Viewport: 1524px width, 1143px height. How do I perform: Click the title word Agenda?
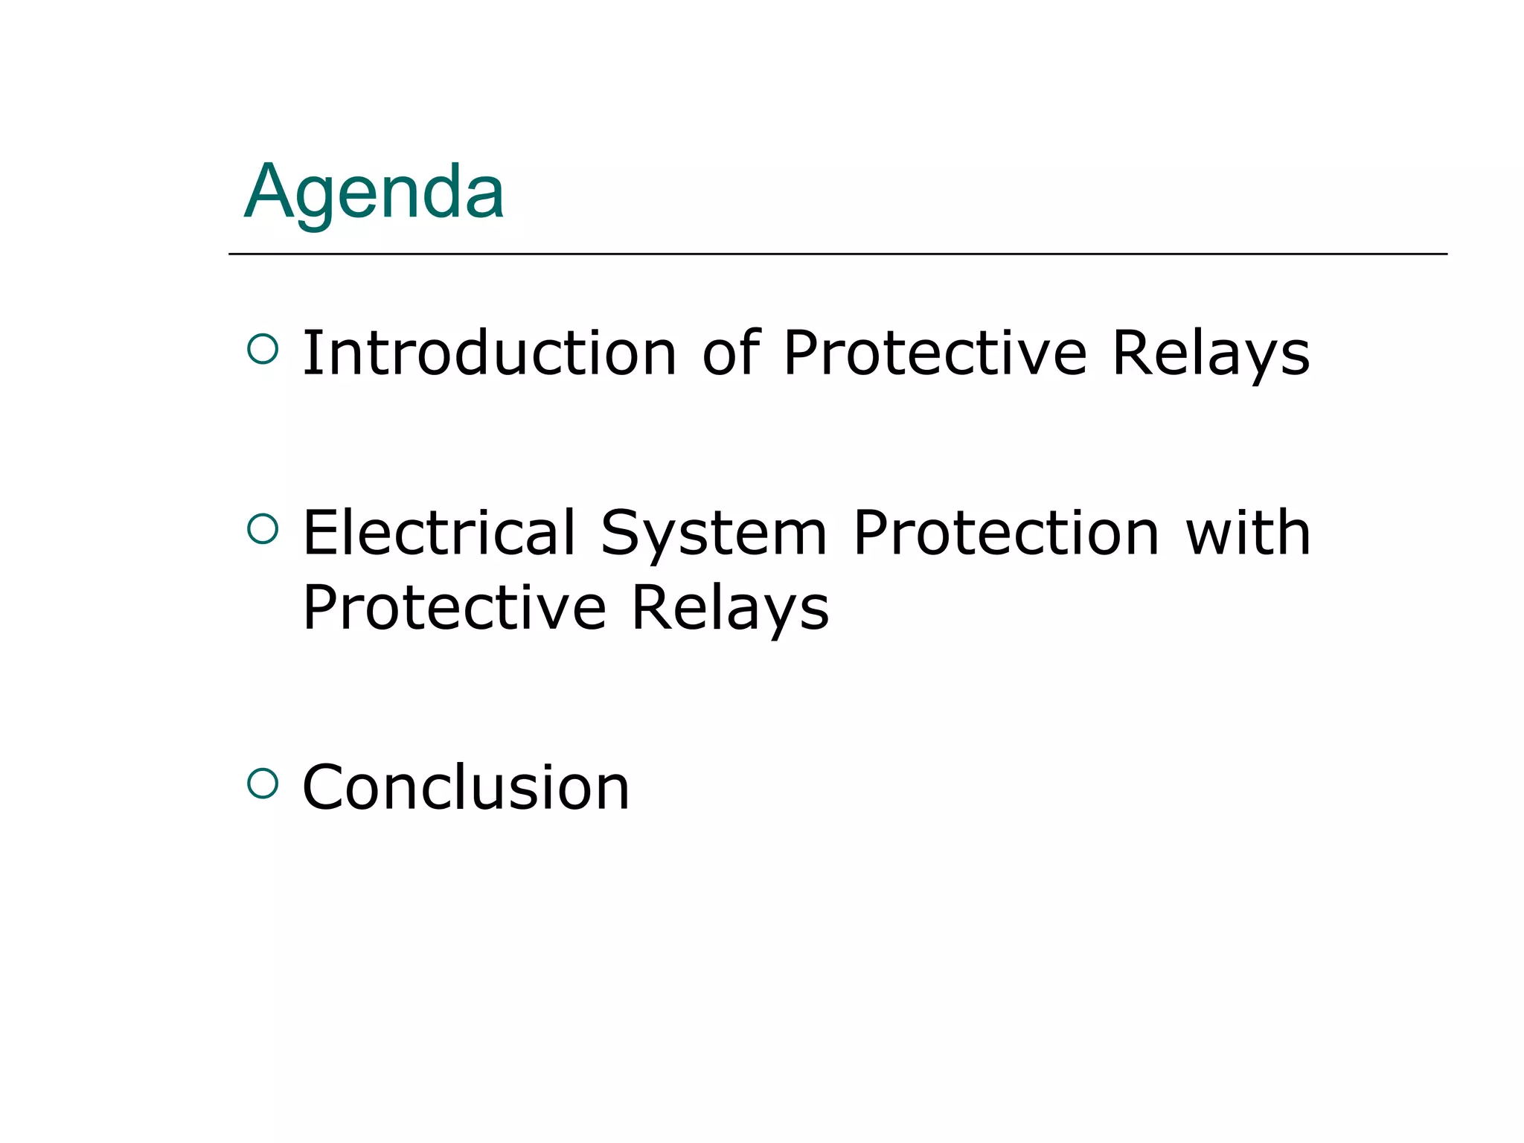coord(374,193)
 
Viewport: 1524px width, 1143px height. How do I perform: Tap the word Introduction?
coord(489,353)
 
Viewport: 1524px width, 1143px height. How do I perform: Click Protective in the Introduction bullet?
coord(935,353)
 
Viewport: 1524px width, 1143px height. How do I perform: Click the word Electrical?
coord(440,533)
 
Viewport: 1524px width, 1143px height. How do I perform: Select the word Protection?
coord(1006,533)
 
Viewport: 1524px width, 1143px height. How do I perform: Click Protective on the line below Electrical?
coord(454,607)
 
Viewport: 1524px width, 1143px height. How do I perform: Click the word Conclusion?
coord(466,787)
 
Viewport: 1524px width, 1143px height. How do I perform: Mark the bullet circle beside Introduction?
coord(263,348)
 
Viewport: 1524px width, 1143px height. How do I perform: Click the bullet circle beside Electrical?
coord(263,528)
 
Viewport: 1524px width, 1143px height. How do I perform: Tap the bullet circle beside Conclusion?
coord(263,783)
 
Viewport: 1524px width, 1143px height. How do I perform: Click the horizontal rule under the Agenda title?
coord(837,254)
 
